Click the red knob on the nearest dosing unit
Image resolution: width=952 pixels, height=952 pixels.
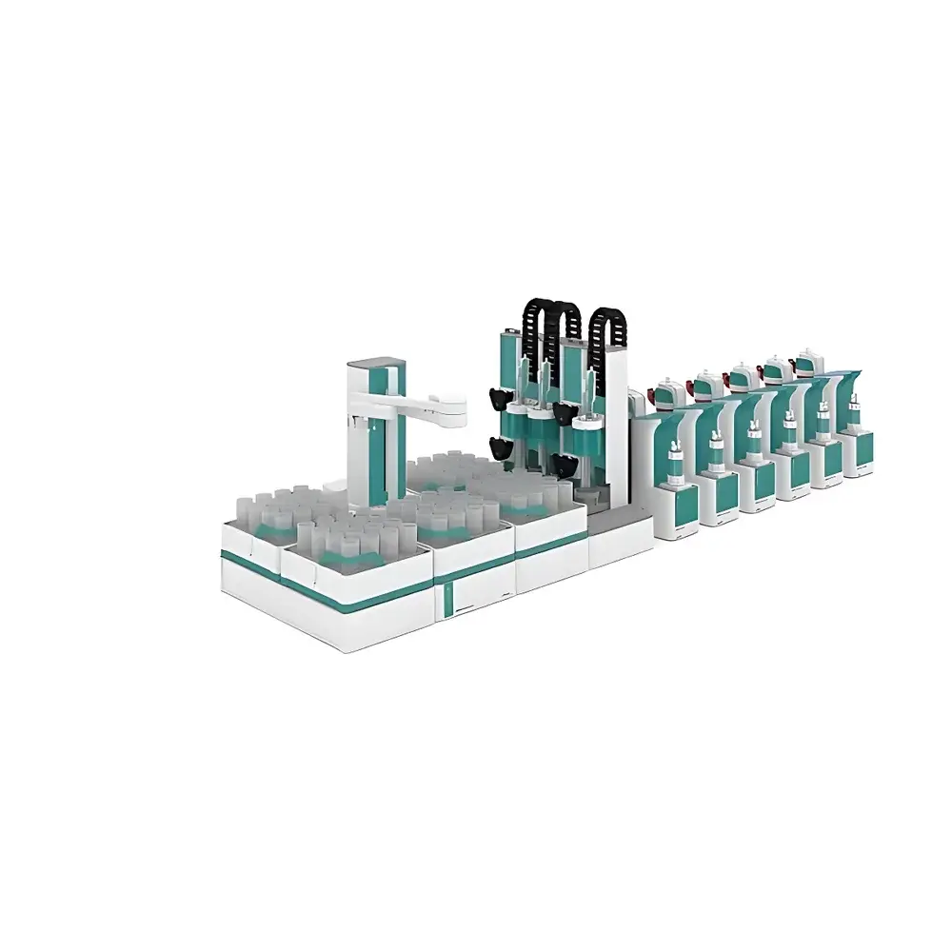tap(660, 392)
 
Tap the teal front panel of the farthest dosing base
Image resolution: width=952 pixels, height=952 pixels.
tap(859, 448)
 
